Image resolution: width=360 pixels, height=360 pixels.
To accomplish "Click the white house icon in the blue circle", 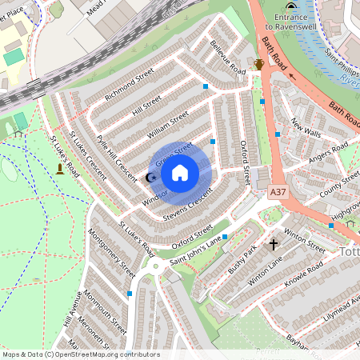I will click(x=180, y=172).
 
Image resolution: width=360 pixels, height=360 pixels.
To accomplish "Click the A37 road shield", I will click(x=278, y=193).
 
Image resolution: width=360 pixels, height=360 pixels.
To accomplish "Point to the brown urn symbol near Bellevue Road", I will click(x=258, y=65).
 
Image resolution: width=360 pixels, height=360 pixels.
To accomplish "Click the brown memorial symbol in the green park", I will click(x=60, y=170).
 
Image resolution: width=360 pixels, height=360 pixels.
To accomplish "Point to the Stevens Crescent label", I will click(x=188, y=206).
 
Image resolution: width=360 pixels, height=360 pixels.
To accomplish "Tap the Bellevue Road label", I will click(x=227, y=57).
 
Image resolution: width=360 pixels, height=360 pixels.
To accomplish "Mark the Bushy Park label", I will click(x=241, y=261).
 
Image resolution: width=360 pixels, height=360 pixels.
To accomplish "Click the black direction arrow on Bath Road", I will click(x=291, y=78).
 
